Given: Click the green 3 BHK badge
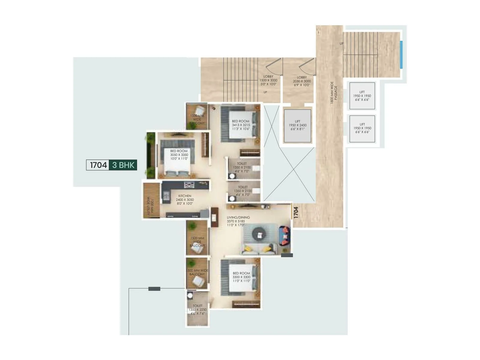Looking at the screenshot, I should pos(123,165).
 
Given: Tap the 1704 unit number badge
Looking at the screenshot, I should pos(98,165).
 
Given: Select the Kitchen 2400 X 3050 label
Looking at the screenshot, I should pos(185,199).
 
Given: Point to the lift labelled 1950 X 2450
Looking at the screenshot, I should pos(297,125).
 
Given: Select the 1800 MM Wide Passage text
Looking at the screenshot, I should pos(334,92).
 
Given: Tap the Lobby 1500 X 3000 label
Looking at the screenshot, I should pos(268,80).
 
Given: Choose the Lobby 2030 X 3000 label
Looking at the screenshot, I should pos(302,81).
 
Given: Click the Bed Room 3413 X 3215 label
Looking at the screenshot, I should pos(241,125).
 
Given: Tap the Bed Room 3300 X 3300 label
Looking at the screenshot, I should pos(241,277).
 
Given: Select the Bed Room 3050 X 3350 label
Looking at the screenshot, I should pos(179,155).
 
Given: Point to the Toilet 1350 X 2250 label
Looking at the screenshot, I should pos(197,310).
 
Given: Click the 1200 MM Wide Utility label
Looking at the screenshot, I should pos(150,207).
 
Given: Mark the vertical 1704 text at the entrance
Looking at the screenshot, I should pos(296,212).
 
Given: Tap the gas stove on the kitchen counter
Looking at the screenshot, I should pos(189,185).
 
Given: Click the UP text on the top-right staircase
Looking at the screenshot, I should pos(341,44).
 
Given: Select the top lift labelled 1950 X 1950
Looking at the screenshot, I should pos(362,96).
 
